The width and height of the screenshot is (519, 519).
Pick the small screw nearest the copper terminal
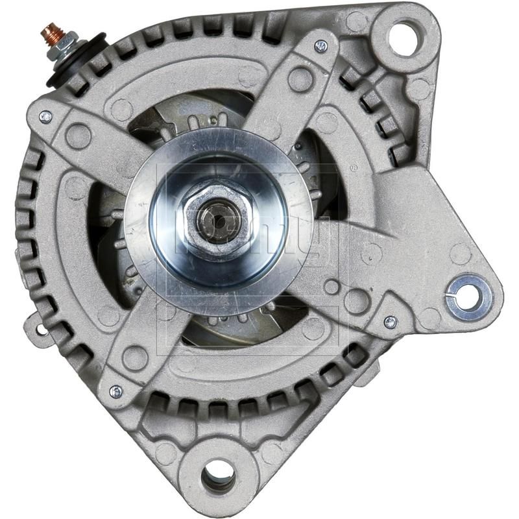[x=45, y=117]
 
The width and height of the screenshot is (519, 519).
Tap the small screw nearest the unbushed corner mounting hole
[x=320, y=45]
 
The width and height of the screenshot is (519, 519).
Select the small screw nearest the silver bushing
[x=390, y=321]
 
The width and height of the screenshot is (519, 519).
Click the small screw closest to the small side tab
[x=115, y=391]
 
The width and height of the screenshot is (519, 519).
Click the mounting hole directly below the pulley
[x=218, y=477]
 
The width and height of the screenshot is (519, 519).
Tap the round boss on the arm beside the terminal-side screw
[x=78, y=136]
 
